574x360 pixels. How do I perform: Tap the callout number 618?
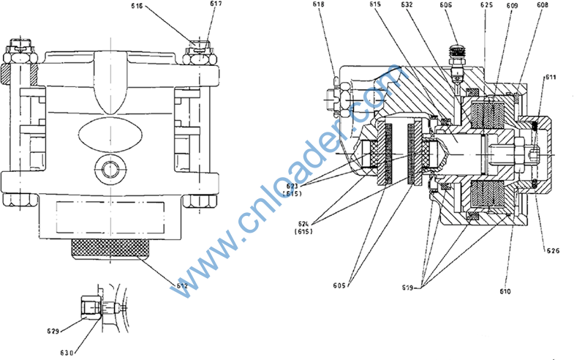coord(319,6)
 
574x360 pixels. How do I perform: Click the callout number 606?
coord(446,6)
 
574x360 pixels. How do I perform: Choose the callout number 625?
coord(486,6)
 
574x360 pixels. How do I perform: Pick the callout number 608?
coord(543,6)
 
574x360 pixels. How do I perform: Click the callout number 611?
coord(550,76)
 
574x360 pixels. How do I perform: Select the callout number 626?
coord(554,251)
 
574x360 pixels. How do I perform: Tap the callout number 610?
coord(505,291)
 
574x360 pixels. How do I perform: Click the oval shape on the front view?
coord(111,136)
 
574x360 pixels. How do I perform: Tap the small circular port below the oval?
coord(110,168)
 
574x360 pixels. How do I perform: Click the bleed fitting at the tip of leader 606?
coord(457,56)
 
